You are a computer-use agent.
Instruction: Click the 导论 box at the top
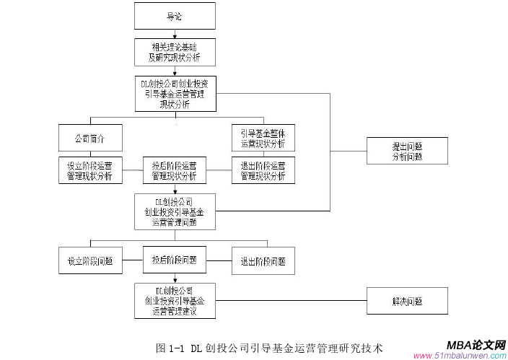(174, 15)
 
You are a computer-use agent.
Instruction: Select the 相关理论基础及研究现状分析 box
(174, 51)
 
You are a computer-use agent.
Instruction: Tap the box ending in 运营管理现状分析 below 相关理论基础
(174, 94)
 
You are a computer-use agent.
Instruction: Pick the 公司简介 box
(90, 138)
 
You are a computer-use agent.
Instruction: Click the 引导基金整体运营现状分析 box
(263, 138)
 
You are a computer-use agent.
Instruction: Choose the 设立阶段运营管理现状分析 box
(90, 170)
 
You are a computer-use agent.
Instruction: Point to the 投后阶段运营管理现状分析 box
(174, 170)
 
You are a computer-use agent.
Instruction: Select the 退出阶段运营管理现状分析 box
(263, 170)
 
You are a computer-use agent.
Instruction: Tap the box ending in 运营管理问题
(174, 211)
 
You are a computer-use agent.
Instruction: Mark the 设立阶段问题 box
(90, 261)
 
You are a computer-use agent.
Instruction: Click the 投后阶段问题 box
(174, 259)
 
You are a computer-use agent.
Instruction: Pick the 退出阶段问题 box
(263, 261)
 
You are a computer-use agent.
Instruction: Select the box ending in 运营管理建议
(174, 301)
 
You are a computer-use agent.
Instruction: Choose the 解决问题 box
(407, 301)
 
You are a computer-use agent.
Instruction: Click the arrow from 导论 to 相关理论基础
(174, 33)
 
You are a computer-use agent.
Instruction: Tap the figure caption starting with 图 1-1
(268, 348)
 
